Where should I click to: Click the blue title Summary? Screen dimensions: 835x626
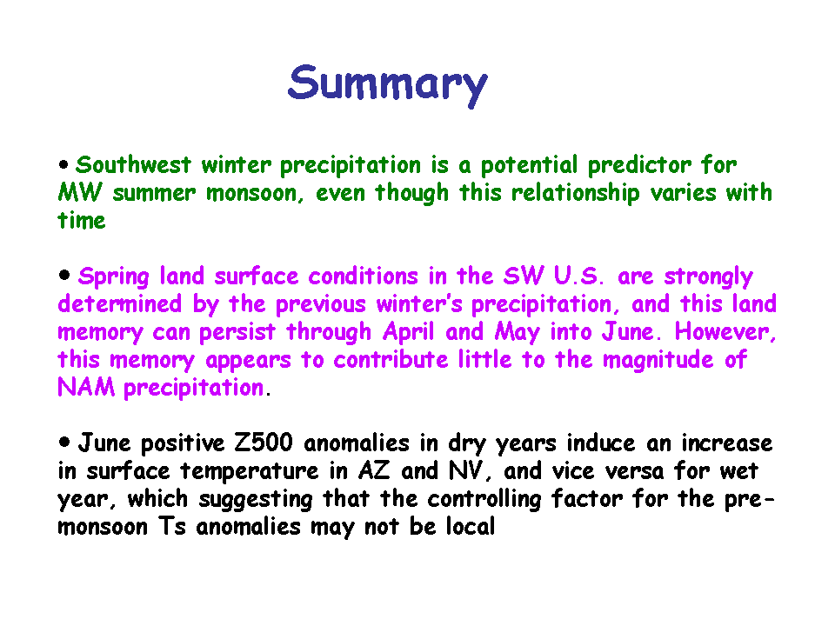click(387, 85)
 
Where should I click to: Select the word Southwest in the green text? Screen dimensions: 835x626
click(133, 164)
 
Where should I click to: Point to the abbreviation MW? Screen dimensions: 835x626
click(79, 192)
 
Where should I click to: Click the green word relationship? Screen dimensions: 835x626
click(575, 194)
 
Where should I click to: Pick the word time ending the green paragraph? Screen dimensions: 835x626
click(82, 220)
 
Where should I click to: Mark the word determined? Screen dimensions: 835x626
click(120, 304)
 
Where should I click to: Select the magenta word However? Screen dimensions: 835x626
click(725, 332)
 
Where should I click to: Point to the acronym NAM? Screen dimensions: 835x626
click(86, 388)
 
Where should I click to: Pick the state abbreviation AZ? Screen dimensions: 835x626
click(374, 471)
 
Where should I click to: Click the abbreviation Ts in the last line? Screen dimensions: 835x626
click(172, 527)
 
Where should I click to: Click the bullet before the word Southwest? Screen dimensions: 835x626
click(63, 165)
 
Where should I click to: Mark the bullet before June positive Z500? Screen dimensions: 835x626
click(63, 442)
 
